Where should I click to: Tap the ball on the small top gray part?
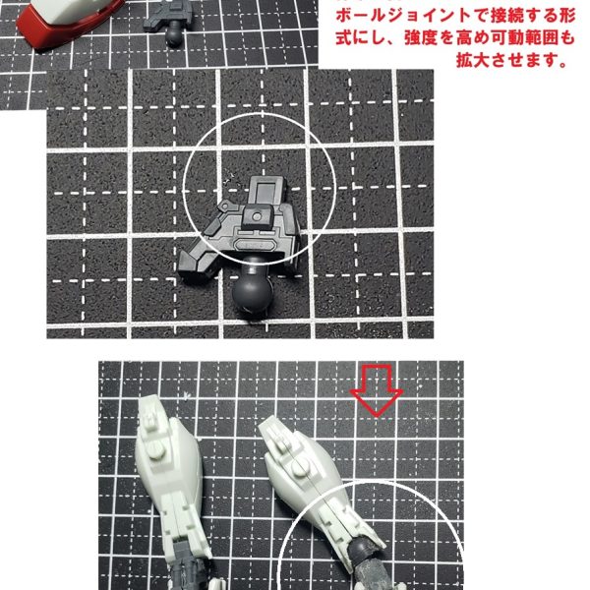[173, 37]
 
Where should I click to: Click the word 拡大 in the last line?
[473, 60]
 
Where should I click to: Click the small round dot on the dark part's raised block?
[257, 216]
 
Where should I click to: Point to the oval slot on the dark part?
[255, 245]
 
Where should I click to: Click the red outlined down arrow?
[377, 390]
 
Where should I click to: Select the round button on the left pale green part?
[155, 449]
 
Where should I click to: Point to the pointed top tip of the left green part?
[143, 400]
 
